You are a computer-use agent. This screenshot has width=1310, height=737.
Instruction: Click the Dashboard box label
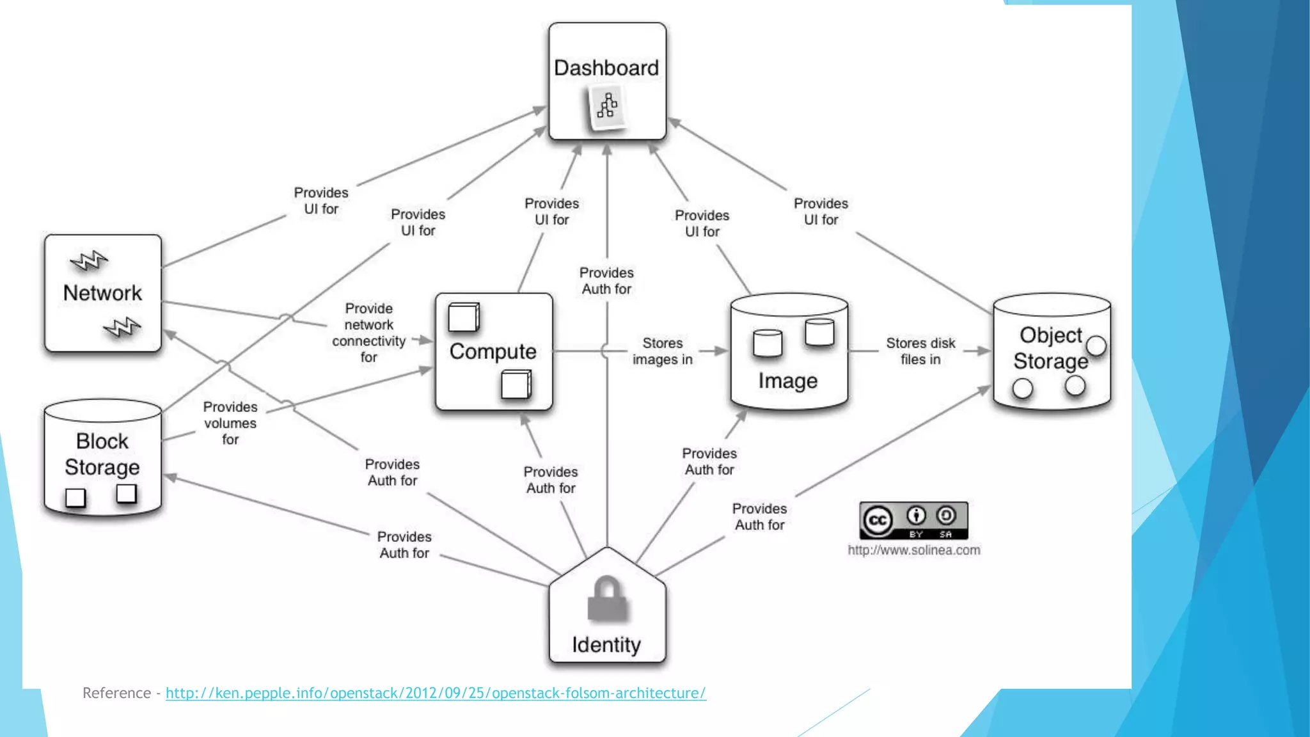[x=606, y=68]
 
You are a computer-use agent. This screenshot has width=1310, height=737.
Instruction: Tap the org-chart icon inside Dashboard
[x=607, y=107]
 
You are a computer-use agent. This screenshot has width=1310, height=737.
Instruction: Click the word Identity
[x=606, y=644]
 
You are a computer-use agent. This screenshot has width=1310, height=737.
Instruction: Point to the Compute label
[x=493, y=351]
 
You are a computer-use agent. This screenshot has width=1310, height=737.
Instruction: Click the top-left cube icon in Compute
[x=464, y=317]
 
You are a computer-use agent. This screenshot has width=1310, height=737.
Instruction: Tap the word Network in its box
[x=102, y=293]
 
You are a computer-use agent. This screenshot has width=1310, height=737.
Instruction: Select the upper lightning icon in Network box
[x=89, y=260]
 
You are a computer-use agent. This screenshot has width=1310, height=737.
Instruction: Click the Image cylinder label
[x=788, y=381]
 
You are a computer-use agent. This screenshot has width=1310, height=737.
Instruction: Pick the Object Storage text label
[x=1050, y=348]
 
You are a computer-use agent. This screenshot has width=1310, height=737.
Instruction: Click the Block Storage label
[x=102, y=454]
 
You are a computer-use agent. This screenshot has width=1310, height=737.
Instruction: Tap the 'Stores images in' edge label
[x=663, y=351]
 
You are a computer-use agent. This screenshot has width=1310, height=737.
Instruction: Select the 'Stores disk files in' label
[x=920, y=351]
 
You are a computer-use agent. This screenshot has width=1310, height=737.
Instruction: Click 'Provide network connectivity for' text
[x=369, y=333]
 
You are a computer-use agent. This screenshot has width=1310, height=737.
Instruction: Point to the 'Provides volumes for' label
[x=230, y=423]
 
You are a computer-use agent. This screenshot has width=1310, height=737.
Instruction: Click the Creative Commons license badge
[x=913, y=521]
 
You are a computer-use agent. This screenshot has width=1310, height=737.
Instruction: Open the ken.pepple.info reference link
[x=436, y=693]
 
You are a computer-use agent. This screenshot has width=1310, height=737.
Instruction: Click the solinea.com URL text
[x=914, y=550]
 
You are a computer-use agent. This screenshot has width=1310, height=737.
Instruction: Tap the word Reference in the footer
[x=116, y=693]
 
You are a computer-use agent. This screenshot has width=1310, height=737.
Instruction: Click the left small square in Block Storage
[x=75, y=498]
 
